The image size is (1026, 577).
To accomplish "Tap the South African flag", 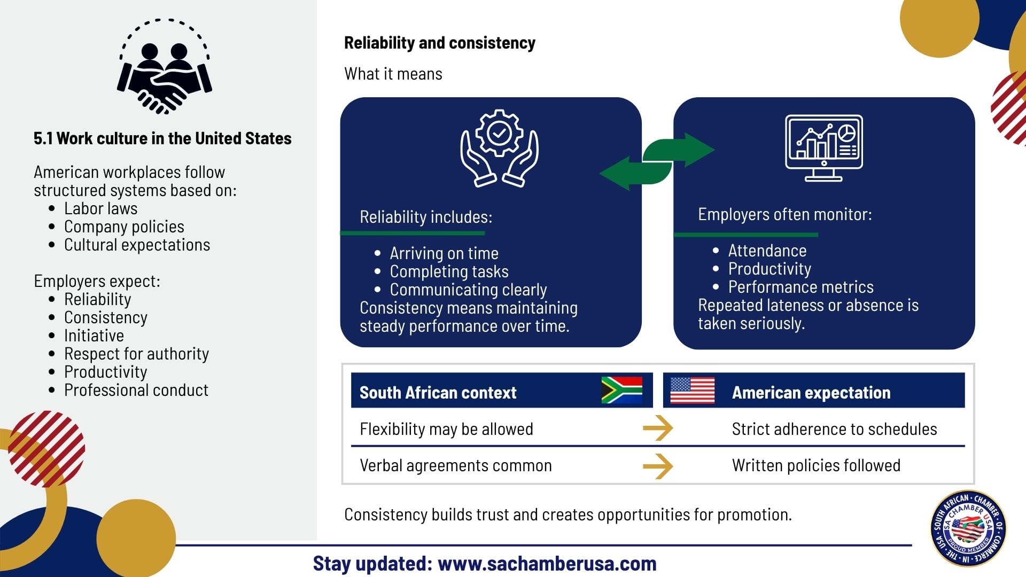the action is click(621, 390).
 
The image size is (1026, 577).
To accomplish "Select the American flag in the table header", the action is click(692, 390).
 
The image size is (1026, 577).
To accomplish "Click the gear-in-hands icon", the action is click(499, 148).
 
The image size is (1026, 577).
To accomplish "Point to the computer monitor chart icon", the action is click(823, 148).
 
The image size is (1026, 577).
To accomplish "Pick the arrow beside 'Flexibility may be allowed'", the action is click(658, 428).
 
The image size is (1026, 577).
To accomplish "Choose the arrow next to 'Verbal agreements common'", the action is click(658, 466).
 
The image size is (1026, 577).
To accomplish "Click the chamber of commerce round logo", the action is click(968, 528).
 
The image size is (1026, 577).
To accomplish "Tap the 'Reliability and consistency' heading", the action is click(439, 43).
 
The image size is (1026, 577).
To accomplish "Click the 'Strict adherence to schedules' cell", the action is click(834, 429).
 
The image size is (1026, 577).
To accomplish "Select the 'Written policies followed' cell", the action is click(816, 465).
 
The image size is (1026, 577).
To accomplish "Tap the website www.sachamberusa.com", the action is click(547, 564).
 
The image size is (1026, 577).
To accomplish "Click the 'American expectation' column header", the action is click(811, 393).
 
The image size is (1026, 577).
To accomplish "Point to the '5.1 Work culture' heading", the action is click(162, 138).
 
